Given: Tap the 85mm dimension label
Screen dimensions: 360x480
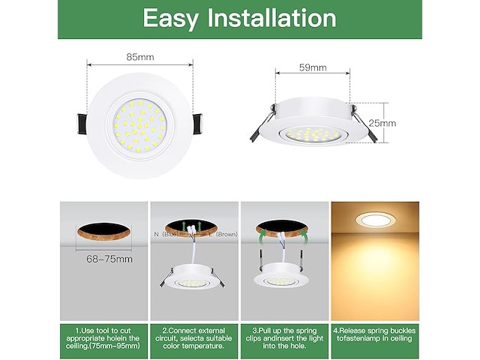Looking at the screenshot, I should pos(140,56).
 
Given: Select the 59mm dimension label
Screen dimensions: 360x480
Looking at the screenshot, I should pos(313,67).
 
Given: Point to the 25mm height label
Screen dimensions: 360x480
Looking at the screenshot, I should pos(382,123).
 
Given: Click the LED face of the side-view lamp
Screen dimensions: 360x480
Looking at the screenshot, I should pos(313,136).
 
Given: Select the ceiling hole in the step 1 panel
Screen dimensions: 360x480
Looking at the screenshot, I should pos(104,233).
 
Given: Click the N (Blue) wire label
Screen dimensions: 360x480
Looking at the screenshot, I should pos(166,235).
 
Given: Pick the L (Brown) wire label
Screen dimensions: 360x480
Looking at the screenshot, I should pos(223,235).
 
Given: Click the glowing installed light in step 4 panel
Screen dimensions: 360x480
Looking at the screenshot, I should pos(375,220).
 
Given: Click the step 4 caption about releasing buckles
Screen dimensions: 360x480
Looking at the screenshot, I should pos(375,334).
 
